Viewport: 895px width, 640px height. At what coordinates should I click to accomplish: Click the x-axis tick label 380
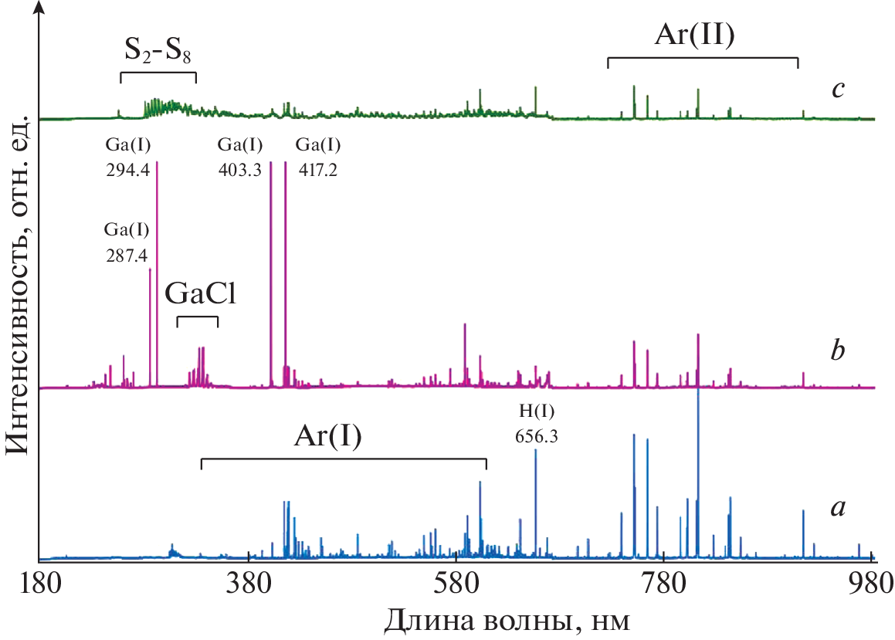click(247, 581)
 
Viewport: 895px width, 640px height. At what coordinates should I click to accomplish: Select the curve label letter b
click(837, 351)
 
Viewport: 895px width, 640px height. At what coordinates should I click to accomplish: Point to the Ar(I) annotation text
click(327, 437)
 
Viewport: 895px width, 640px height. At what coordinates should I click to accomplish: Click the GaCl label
click(197, 296)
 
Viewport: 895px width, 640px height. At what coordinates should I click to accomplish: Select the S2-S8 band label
click(158, 52)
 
